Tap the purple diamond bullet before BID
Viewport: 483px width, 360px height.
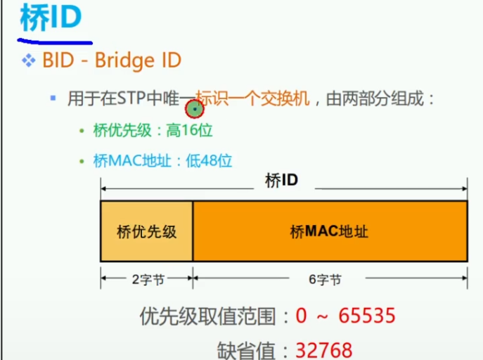point(29,60)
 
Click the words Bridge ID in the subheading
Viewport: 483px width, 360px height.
point(138,60)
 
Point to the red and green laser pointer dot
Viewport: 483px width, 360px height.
point(194,109)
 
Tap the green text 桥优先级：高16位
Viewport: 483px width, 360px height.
point(153,130)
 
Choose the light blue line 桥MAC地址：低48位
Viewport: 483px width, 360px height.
point(162,161)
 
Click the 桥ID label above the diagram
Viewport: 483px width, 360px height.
point(281,181)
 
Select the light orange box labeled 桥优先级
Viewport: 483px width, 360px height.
point(146,231)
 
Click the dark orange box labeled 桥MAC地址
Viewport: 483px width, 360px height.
point(330,231)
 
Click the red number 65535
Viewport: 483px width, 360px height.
point(367,316)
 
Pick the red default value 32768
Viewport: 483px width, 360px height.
point(324,349)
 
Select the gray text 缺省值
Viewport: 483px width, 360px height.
point(252,349)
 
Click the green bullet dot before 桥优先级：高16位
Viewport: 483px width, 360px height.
point(83,131)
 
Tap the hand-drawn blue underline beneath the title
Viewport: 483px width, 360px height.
point(56,38)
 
